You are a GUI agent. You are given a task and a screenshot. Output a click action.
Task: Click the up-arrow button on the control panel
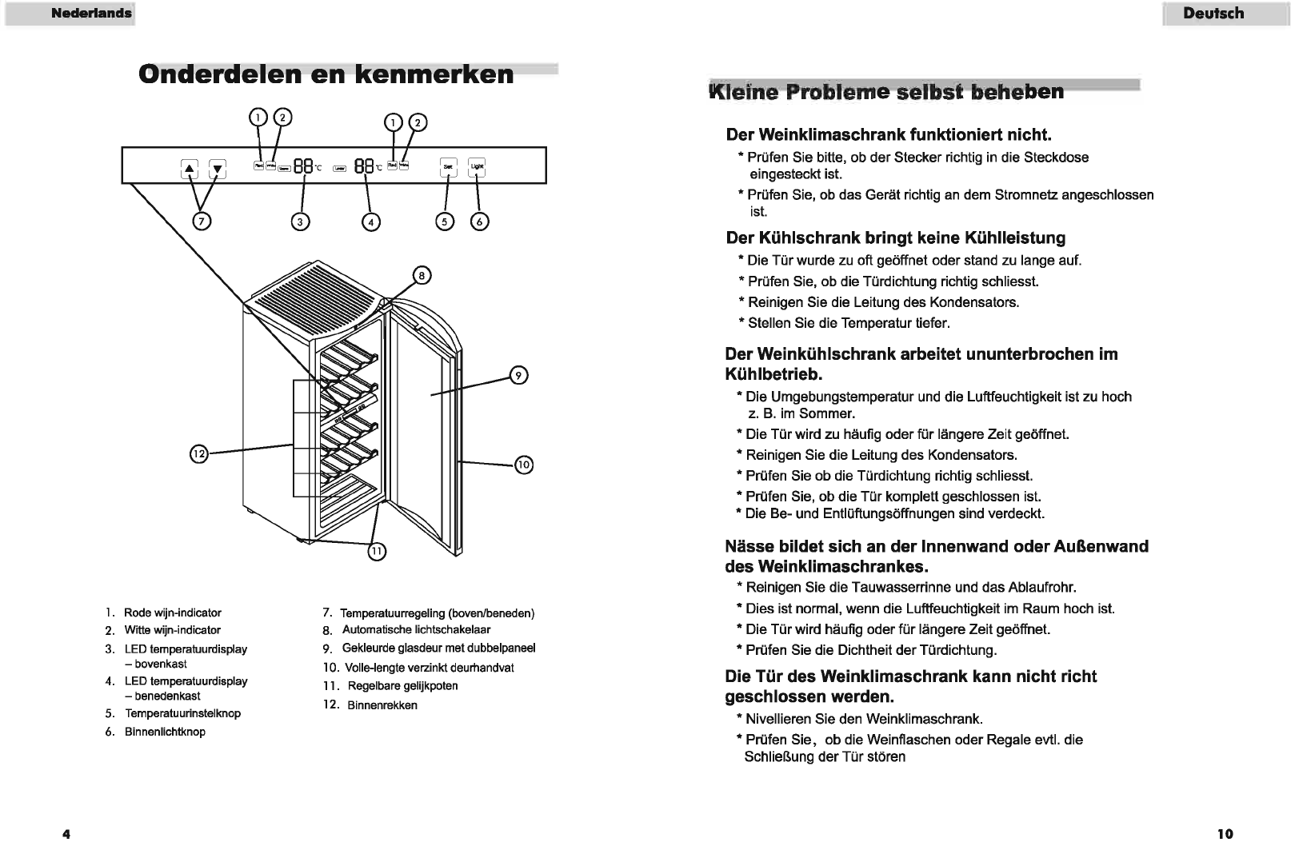[x=190, y=169]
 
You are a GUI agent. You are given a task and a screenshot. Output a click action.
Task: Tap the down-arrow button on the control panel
[x=218, y=169]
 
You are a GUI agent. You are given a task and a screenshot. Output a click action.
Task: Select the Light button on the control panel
[x=477, y=166]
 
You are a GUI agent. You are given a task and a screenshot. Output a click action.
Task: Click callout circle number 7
[x=203, y=221]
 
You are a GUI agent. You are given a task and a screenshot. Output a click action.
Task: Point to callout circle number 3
[x=300, y=222]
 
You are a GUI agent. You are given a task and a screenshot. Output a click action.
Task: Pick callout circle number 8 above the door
[x=422, y=276]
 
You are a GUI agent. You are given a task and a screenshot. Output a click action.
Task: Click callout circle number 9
[x=518, y=375]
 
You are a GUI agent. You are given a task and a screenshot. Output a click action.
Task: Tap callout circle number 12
[x=198, y=454]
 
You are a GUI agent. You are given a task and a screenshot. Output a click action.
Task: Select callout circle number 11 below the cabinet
[x=377, y=551]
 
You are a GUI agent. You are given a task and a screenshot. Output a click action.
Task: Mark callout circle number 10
[x=523, y=465]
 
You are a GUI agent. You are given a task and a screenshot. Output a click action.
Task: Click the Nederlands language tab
[x=92, y=14]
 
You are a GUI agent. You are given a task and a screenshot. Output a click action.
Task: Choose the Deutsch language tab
[x=1213, y=14]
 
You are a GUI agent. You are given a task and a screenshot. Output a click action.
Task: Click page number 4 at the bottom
[x=66, y=834]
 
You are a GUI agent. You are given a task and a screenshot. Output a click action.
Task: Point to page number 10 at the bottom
[x=1225, y=834]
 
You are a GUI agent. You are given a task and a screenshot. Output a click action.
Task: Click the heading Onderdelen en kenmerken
[x=326, y=74]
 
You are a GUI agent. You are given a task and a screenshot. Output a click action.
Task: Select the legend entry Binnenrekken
[x=382, y=705]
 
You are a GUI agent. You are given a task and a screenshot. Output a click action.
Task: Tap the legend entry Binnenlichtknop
[x=165, y=732]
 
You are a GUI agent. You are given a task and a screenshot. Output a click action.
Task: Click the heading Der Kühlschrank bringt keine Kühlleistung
[x=895, y=237]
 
